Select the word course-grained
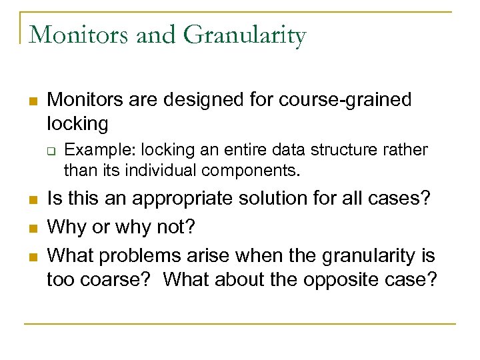click(345, 100)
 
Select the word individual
click(155, 171)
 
